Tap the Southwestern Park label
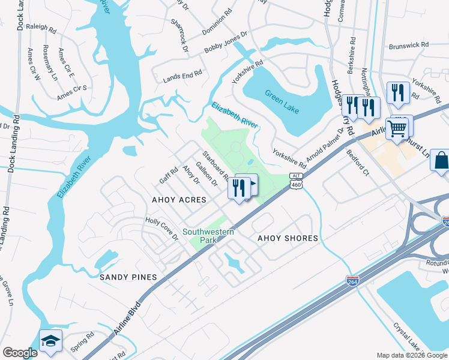coord(199,236)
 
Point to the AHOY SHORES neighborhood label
coord(288,238)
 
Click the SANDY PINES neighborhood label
coord(128,277)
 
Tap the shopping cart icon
coord(397,128)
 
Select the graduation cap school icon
coord(51,341)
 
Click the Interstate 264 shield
coord(353,281)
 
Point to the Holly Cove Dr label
coord(162,229)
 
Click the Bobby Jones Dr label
coord(226,43)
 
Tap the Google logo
coord(20,353)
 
